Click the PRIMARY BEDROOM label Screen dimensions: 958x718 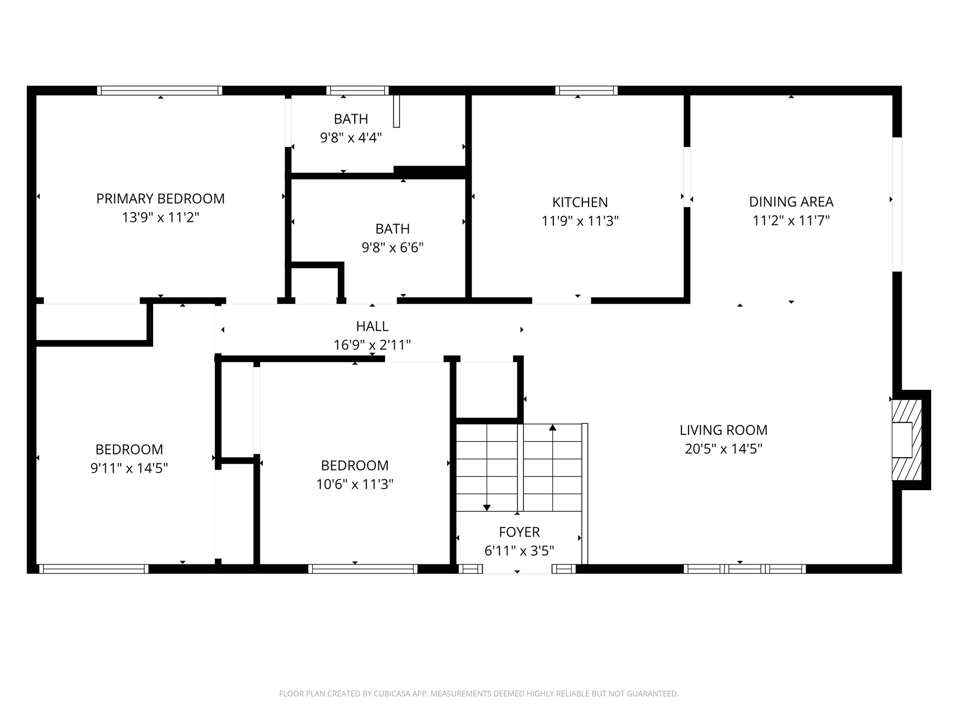(x=160, y=198)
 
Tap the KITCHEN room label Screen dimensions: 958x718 (x=580, y=202)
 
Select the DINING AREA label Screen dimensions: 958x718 (x=791, y=201)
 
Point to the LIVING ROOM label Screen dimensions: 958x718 (x=723, y=430)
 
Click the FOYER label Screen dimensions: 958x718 (x=519, y=532)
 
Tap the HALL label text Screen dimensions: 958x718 (x=372, y=326)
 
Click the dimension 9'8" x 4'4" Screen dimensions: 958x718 (x=351, y=138)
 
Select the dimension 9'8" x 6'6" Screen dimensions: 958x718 (x=393, y=247)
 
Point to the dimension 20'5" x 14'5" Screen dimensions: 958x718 (x=723, y=449)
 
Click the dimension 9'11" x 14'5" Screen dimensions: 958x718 (x=129, y=468)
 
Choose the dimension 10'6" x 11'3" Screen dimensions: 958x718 (x=355, y=484)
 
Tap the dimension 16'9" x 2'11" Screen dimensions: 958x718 (x=372, y=345)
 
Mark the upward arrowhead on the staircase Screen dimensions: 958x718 (x=552, y=427)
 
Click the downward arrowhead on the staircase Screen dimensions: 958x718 (x=487, y=508)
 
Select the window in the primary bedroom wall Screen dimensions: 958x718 (x=160, y=90)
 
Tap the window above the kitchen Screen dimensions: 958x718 (x=586, y=90)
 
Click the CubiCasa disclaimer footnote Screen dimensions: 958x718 (x=479, y=694)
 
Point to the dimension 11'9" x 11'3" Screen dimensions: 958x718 (x=580, y=221)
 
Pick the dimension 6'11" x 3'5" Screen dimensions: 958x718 (x=519, y=551)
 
